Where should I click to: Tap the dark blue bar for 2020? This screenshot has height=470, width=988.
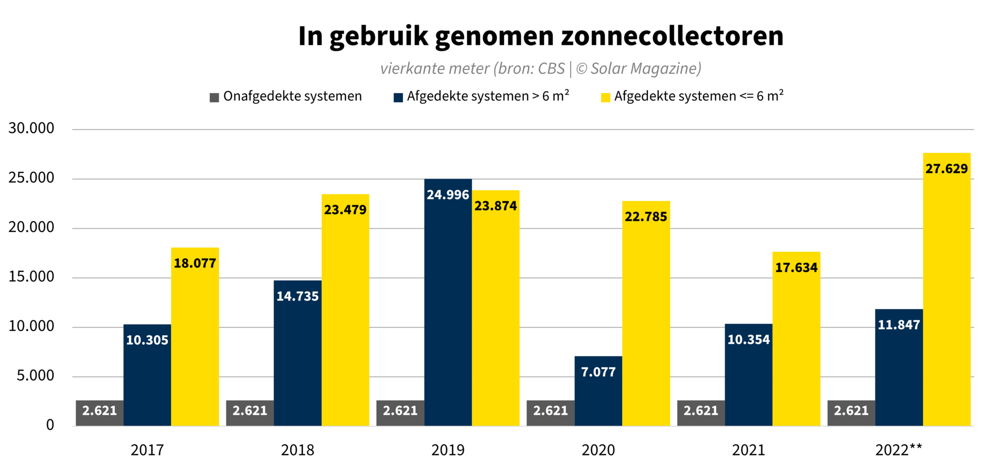click(598, 396)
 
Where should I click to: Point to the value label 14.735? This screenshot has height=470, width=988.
click(297, 296)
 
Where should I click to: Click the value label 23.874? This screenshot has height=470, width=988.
click(496, 206)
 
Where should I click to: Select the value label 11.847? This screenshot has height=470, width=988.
click(898, 325)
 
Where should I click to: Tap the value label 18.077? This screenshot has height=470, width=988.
click(195, 263)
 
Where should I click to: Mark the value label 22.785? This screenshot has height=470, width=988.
click(646, 217)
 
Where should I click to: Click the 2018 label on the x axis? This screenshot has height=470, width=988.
click(297, 450)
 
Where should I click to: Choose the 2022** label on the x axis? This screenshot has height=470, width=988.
click(898, 450)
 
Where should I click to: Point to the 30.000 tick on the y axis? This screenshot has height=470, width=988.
click(31, 129)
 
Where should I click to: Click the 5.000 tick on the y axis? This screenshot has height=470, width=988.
click(36, 376)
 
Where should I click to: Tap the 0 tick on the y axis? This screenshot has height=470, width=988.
click(50, 425)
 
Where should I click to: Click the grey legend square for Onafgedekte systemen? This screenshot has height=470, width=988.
click(215, 98)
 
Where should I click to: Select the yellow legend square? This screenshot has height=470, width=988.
click(606, 98)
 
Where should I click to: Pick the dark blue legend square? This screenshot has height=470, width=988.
click(398, 98)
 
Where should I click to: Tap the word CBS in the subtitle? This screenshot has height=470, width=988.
click(552, 69)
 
